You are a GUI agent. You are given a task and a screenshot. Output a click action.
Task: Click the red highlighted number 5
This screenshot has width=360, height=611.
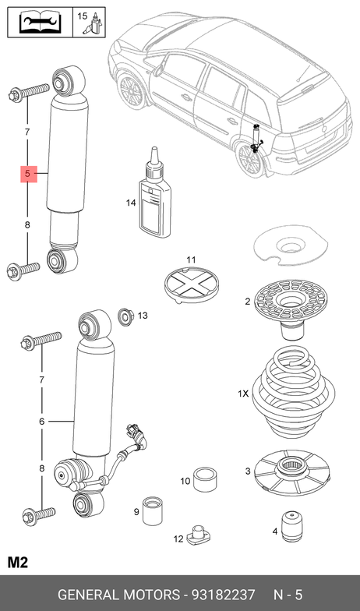click(x=28, y=174)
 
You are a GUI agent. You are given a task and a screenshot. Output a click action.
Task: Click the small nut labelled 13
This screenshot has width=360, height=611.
click(x=125, y=316)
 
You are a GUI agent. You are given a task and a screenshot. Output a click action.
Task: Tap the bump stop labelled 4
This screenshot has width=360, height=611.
click(x=292, y=526)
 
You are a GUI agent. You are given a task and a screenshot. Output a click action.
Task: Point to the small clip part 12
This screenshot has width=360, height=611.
click(x=196, y=536)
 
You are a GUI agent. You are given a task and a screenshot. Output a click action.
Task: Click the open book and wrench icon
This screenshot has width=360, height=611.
click(x=41, y=22)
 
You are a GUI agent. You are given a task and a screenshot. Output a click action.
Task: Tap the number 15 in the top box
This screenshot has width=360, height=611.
click(x=83, y=16)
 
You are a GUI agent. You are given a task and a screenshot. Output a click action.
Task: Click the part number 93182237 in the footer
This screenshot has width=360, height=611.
click(x=223, y=595)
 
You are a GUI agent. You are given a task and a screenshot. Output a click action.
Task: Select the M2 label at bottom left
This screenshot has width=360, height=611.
click(x=17, y=563)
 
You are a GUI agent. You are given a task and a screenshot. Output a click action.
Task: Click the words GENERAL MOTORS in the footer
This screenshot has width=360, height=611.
click(x=118, y=595)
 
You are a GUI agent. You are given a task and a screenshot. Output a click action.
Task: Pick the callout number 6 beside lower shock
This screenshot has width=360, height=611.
click(x=42, y=421)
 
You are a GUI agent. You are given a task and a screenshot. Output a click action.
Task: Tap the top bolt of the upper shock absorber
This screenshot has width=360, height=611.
click(x=29, y=92)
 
